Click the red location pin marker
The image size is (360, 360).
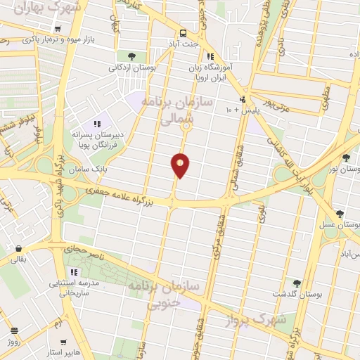pyautogui.click(x=180, y=165)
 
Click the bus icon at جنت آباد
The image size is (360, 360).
pyautogui.click(x=183, y=32)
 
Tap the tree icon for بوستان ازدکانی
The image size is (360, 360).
pyautogui.click(x=132, y=56)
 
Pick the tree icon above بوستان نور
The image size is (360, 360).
pyautogui.click(x=346, y=157)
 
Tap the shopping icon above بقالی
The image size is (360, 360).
pyautogui.click(x=18, y=249)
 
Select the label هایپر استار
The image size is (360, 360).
pyautogui.click(x=63, y=350)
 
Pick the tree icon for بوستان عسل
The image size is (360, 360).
pyautogui.click(x=340, y=214)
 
